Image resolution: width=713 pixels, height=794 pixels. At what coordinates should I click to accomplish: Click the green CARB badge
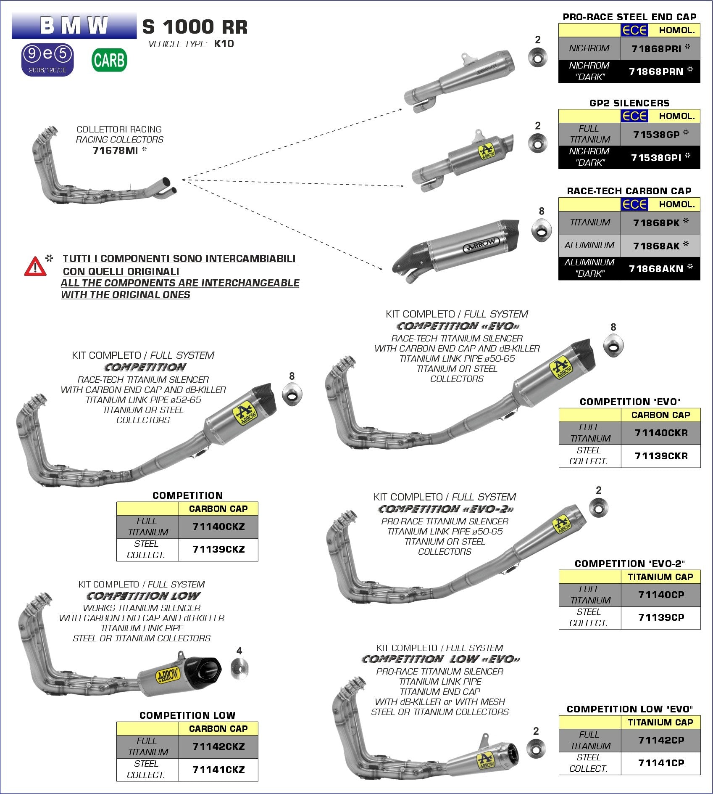tap(109, 60)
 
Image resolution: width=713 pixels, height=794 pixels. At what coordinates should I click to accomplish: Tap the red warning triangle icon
tap(35, 267)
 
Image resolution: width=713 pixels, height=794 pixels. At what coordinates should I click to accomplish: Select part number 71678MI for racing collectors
tap(115, 150)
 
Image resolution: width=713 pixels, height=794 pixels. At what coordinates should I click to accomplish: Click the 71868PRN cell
tap(660, 71)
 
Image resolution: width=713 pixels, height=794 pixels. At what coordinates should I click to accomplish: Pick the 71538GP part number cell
tap(660, 135)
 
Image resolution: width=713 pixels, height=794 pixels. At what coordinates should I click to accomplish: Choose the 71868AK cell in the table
tap(660, 246)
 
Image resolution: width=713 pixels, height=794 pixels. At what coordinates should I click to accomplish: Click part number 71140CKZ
tap(218, 527)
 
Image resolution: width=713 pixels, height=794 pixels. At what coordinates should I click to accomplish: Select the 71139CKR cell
tap(661, 456)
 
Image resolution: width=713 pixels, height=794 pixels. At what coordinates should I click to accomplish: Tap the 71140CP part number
tap(661, 595)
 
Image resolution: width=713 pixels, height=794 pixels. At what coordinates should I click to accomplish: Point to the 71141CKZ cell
tap(218, 770)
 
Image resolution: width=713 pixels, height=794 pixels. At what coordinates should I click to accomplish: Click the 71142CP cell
tap(661, 740)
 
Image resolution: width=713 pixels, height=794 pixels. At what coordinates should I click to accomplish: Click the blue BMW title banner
tap(74, 26)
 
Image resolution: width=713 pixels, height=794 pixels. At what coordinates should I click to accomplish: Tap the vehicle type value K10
tap(224, 44)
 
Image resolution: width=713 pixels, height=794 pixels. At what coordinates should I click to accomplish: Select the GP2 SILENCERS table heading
tap(629, 103)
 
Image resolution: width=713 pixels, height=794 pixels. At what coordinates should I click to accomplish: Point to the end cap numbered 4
tap(239, 668)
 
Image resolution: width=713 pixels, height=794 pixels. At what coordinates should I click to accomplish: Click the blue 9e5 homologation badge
tap(47, 59)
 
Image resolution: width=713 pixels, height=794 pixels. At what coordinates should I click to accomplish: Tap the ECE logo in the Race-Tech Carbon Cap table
tap(634, 204)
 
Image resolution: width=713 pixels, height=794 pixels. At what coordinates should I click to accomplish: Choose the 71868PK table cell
tap(660, 222)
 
